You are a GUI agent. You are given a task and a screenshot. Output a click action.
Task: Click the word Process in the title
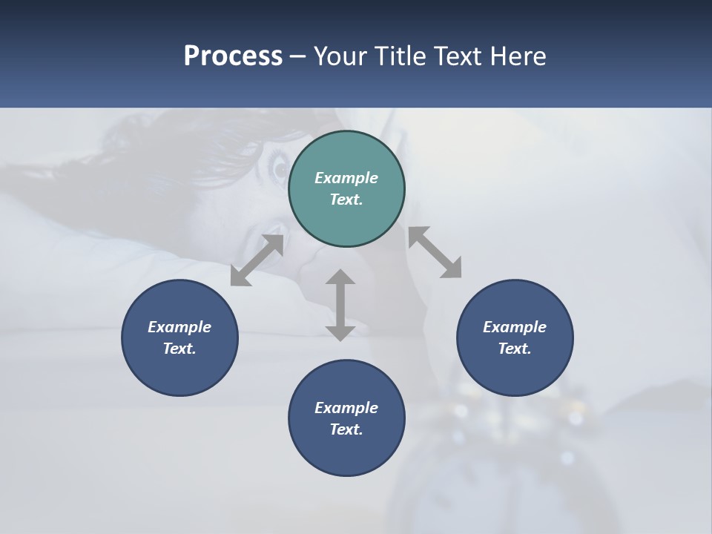(x=233, y=56)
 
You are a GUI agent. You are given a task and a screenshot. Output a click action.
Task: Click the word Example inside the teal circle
(x=346, y=178)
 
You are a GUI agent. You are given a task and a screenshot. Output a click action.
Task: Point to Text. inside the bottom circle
(x=346, y=429)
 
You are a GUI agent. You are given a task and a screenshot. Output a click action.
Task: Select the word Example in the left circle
(x=179, y=327)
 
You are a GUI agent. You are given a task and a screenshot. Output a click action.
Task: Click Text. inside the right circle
(x=515, y=349)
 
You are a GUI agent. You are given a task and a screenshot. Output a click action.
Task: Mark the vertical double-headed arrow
(x=340, y=305)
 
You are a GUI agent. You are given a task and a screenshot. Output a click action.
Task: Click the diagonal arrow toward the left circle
(x=257, y=260)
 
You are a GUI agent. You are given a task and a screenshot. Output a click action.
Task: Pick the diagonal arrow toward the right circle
(x=435, y=253)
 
